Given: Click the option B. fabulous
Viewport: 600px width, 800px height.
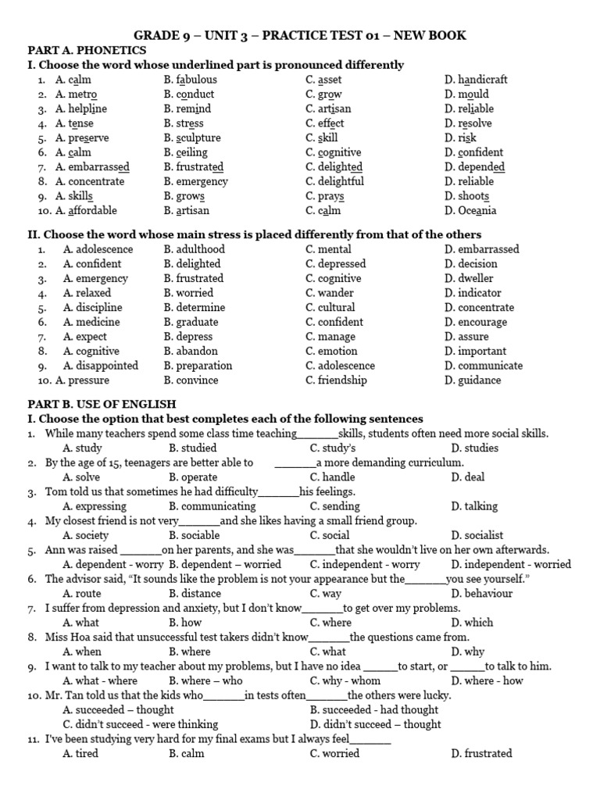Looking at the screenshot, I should (191, 80).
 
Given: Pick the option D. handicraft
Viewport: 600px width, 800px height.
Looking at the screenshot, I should (476, 80).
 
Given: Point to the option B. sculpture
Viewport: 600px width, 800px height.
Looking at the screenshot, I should (192, 138).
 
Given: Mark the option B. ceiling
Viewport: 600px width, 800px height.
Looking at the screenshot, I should (186, 152).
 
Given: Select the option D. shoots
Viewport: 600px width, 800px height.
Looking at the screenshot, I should (467, 196).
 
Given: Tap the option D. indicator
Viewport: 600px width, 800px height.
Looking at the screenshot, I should (473, 293).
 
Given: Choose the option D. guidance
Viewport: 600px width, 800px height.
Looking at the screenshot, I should (473, 380).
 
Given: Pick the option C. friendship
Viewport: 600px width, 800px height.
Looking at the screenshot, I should (337, 380).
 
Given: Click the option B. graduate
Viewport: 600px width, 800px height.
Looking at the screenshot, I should (191, 322).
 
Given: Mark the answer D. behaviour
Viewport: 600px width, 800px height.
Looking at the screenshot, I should (481, 594).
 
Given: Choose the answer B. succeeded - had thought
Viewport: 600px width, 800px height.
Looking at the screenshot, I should (374, 710).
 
